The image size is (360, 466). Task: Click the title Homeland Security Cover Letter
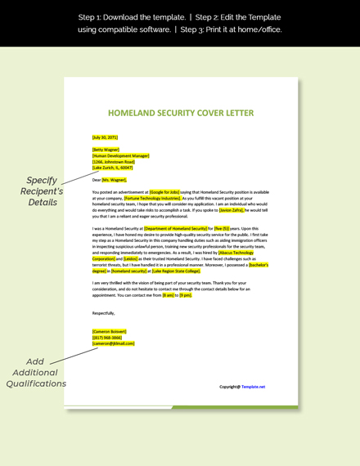coord(181,113)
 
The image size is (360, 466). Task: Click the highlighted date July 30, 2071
coord(105,137)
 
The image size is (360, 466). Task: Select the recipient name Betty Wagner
coord(106,150)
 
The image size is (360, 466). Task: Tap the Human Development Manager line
coord(121,155)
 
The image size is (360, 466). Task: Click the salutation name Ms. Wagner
coord(115,179)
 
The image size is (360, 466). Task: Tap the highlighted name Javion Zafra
coord(231,209)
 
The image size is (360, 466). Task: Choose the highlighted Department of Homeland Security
coord(175,229)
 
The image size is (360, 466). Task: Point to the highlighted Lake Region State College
coord(176,271)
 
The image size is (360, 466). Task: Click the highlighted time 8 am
coord(169,294)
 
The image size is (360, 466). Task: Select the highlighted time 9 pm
coord(186,294)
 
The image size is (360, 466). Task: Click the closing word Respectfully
coord(104,312)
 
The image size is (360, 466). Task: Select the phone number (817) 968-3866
coord(107,337)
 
